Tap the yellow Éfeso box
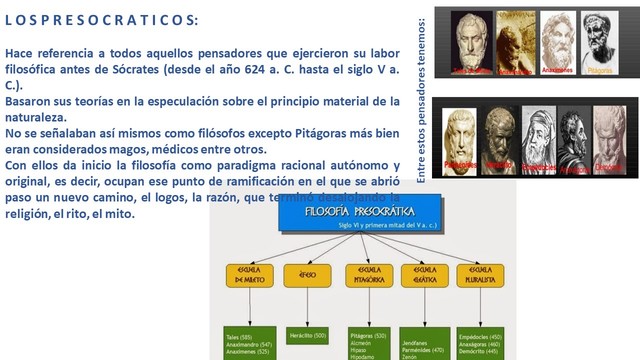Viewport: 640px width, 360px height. pos(306,276)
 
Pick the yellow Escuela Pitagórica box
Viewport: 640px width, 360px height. pos(367,277)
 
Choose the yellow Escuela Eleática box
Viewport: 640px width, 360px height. pos(423,277)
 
